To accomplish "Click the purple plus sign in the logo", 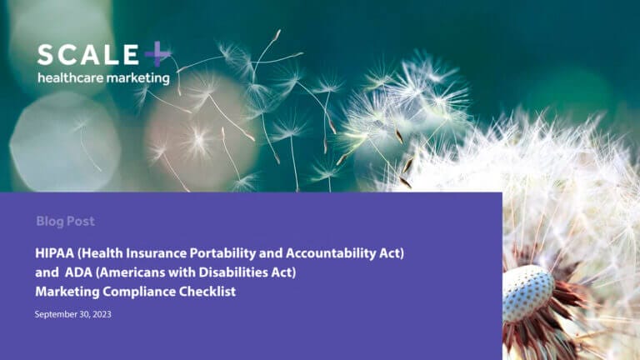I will [x=157, y=56].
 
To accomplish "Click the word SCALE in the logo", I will [x=87, y=56].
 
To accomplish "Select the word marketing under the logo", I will [x=139, y=78].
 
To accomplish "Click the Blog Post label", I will [x=65, y=222].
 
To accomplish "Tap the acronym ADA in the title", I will [x=78, y=272].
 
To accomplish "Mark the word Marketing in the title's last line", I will [x=67, y=292].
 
